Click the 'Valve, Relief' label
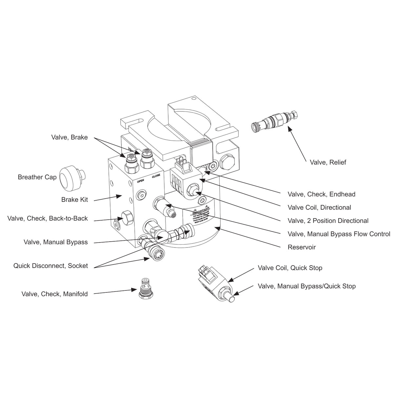328,162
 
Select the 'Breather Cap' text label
37,177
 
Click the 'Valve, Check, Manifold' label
54,294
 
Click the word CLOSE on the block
156,176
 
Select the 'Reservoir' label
302,247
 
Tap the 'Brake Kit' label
74,200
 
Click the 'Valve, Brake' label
70,137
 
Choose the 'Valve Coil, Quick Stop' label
290,268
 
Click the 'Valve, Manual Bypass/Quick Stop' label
307,286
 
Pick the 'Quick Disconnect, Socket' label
50,266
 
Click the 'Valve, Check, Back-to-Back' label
48,218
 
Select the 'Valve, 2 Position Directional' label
328,221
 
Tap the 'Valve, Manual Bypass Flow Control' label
339,234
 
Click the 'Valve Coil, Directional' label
319,208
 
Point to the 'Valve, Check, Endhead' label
321,194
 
